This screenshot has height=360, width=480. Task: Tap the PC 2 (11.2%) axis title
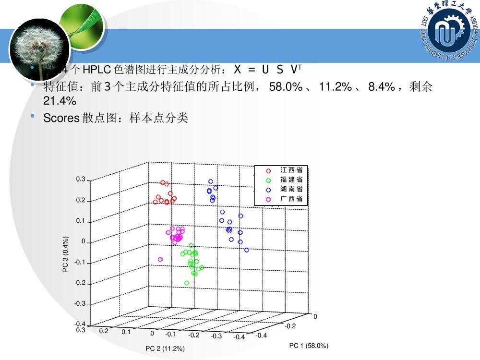pyautogui.click(x=166, y=348)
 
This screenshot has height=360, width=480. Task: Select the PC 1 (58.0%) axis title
pyautogui.click(x=309, y=346)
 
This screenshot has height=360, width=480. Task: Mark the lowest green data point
pyautogui.click(x=187, y=283)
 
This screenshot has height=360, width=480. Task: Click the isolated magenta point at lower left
pyautogui.click(x=160, y=260)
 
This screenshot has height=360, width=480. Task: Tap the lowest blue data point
pyautogui.click(x=247, y=250)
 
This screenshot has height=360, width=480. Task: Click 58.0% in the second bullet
pyautogui.click(x=286, y=87)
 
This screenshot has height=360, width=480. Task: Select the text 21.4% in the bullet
pyautogui.click(x=60, y=101)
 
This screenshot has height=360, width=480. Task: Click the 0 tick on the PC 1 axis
pyautogui.click(x=315, y=317)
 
